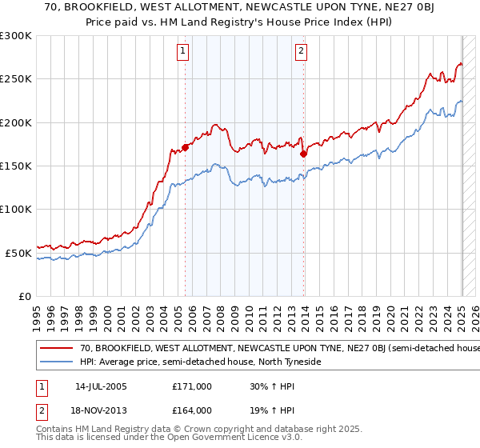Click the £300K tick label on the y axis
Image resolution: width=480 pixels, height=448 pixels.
click(16, 36)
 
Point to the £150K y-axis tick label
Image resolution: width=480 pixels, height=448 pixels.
click(16, 166)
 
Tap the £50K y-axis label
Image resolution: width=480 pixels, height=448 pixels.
click(18, 253)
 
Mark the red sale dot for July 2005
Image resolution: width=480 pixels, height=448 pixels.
click(185, 147)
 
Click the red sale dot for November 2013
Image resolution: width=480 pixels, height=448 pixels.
click(303, 154)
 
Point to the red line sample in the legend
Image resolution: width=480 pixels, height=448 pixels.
click(56, 349)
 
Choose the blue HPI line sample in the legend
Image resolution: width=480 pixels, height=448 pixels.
click(56, 362)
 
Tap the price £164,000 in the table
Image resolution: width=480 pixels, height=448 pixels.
click(192, 410)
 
